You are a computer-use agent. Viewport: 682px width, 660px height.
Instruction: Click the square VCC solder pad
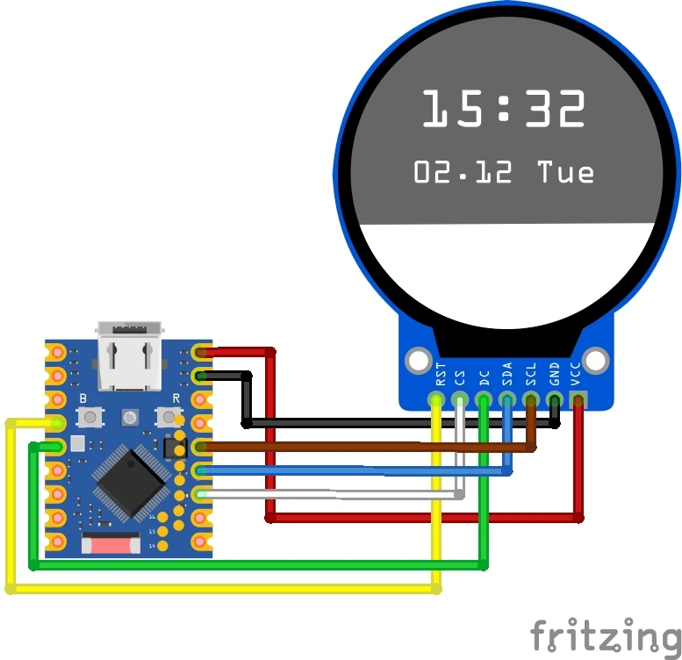point(578,400)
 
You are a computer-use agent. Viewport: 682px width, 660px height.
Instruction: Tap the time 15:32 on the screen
point(503,110)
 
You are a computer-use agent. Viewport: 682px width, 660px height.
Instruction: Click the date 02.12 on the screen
point(463,172)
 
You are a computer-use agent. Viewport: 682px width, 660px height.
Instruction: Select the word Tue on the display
point(565,172)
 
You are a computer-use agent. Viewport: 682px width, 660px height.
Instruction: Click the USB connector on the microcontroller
point(129,355)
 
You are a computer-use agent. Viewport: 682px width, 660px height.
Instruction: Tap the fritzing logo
point(606,634)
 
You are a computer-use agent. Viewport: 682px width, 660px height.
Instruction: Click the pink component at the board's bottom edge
point(111,545)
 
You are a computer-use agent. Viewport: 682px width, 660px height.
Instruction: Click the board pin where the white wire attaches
point(201,495)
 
